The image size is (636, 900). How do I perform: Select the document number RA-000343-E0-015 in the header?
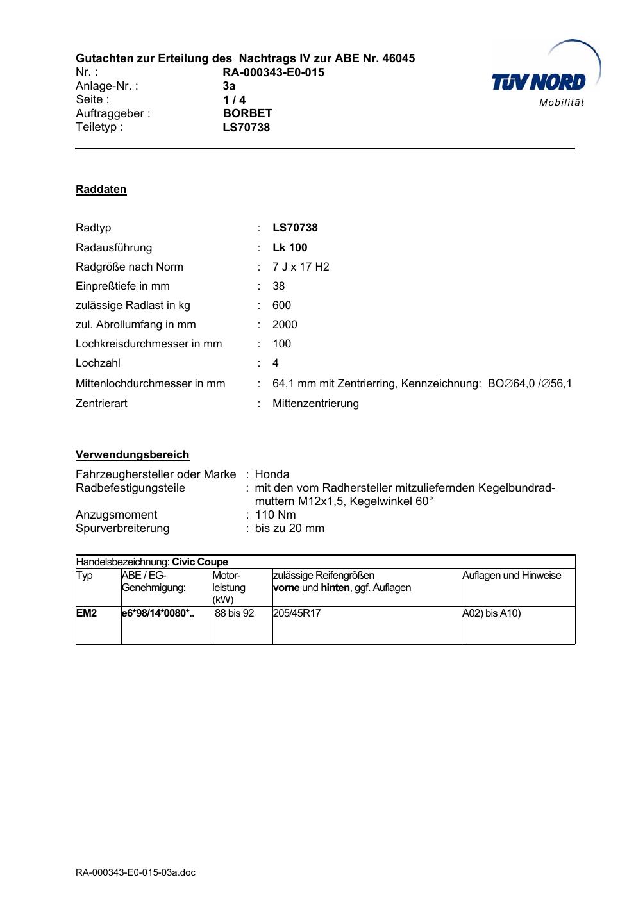pyautogui.click(x=273, y=72)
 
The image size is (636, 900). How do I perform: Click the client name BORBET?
pyautogui.click(x=247, y=113)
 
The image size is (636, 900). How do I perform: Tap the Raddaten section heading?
pyautogui.click(x=101, y=190)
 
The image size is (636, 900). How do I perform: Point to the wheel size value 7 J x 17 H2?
pyautogui.click(x=301, y=267)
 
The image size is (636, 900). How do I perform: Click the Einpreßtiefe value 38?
pyautogui.click(x=278, y=286)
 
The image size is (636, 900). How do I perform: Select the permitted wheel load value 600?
pyautogui.click(x=281, y=305)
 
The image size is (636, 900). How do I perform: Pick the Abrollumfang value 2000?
pyautogui.click(x=285, y=324)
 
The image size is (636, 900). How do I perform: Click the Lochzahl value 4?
pyautogui.click(x=276, y=363)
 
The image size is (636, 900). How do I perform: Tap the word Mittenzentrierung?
pyautogui.click(x=315, y=403)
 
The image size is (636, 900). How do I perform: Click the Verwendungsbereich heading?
pyautogui.click(x=132, y=455)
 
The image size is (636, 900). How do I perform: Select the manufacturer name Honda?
pyautogui.click(x=272, y=474)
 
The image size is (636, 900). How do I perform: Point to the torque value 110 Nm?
pyautogui.click(x=275, y=515)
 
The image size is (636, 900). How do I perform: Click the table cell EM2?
pyautogui.click(x=87, y=613)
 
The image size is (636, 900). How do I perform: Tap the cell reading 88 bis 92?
pyautogui.click(x=234, y=613)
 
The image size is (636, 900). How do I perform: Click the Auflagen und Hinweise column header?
pyautogui.click(x=511, y=576)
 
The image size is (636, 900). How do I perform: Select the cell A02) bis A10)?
pyautogui.click(x=491, y=613)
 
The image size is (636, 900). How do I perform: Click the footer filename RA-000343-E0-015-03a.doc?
pyautogui.click(x=135, y=872)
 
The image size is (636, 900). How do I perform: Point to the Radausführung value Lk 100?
pyautogui.click(x=290, y=247)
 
